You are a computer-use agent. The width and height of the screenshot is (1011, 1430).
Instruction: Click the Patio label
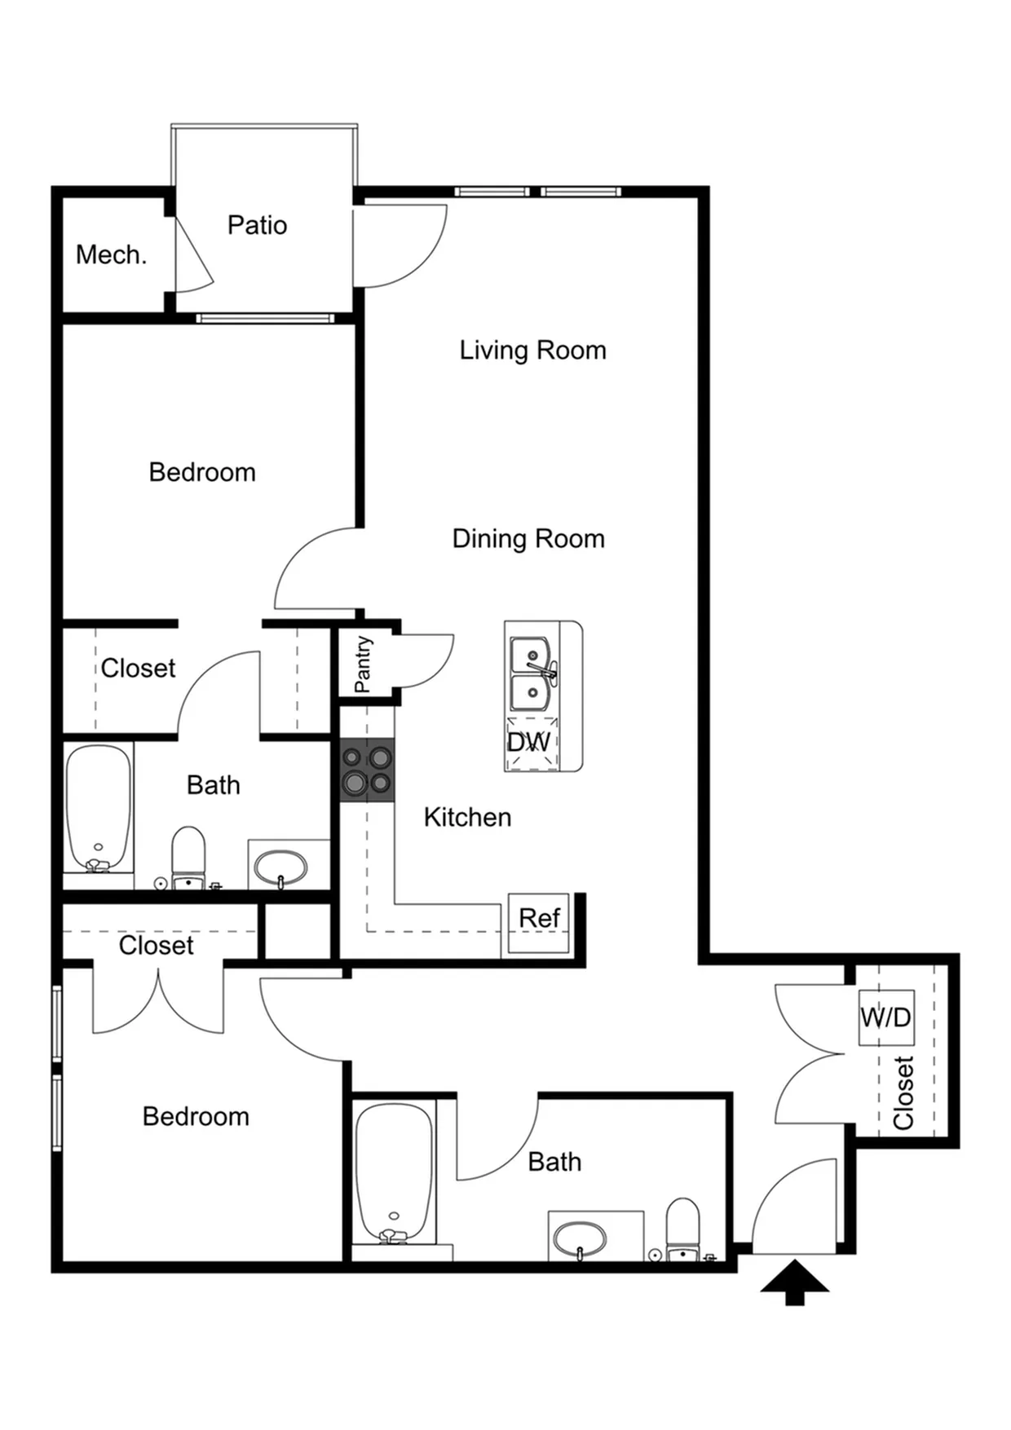pos(257,225)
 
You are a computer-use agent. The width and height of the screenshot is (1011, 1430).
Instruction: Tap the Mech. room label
pos(111,255)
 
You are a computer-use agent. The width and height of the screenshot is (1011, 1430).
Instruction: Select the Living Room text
pos(532,351)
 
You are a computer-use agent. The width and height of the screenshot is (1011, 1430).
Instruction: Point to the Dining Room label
pos(528,539)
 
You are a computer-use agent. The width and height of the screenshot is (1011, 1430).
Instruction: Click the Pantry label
pos(363,664)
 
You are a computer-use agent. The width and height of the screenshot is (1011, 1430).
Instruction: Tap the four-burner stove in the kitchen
pos(368,770)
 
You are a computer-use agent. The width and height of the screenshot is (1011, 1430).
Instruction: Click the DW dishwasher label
pos(529,742)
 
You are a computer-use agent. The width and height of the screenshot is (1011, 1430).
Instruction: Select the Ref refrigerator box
pos(539,923)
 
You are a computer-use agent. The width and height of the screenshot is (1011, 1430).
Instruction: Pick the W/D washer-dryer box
pos(886,1017)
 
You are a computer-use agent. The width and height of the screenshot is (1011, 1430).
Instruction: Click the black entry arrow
pos(794,1282)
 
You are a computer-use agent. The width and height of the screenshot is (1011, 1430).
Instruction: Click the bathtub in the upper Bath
pos(98,808)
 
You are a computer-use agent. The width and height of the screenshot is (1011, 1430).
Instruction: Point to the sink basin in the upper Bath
pos(280,867)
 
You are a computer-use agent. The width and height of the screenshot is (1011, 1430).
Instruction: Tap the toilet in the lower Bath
pos(683,1229)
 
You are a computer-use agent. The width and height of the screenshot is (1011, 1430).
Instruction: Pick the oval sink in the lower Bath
pos(580,1239)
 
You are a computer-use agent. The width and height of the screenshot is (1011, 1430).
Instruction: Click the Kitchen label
pos(467,818)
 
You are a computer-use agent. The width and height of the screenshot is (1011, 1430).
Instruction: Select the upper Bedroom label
pos(202,472)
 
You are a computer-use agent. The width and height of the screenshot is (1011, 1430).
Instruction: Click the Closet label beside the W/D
pos(903,1093)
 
